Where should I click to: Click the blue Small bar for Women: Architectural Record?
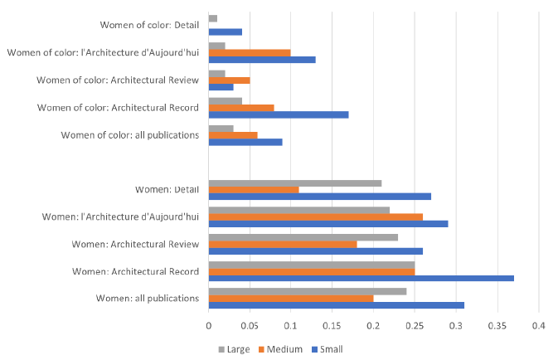click(x=361, y=278)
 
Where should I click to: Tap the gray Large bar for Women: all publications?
click(x=308, y=291)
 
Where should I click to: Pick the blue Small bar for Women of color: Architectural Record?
click(x=279, y=114)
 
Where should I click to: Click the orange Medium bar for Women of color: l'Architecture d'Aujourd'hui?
click(x=250, y=53)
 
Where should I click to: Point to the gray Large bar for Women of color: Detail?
click(x=213, y=18)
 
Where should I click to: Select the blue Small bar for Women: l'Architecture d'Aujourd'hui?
click(x=328, y=224)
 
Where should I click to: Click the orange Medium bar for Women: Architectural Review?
click(x=283, y=244)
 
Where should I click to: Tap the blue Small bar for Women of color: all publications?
click(x=245, y=142)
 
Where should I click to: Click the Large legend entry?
click(x=235, y=349)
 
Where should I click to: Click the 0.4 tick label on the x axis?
click(x=539, y=325)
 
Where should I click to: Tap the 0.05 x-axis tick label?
click(x=250, y=325)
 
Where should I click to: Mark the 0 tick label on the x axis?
click(x=209, y=325)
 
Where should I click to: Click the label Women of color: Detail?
click(x=150, y=26)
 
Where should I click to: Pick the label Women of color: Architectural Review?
click(x=118, y=80)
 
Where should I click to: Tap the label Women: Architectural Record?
click(x=135, y=271)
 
